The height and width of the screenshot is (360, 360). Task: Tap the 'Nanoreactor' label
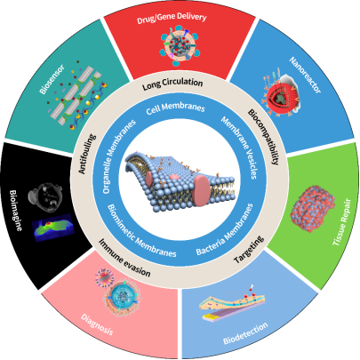(x=305, y=76)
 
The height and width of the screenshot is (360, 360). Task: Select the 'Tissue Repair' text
(x=342, y=222)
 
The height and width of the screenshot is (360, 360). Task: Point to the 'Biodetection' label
(x=245, y=333)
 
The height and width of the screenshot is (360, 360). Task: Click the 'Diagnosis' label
(x=97, y=324)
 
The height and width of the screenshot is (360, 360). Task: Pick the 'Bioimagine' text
(x=16, y=210)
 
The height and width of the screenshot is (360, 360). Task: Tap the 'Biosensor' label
(x=52, y=79)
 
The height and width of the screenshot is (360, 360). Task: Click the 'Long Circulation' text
(x=172, y=84)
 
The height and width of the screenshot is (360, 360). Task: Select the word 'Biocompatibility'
(x=263, y=137)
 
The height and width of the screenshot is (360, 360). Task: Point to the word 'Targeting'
(x=249, y=250)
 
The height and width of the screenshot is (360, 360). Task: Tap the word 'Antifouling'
(x=87, y=154)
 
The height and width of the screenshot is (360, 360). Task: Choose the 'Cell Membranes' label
(x=175, y=108)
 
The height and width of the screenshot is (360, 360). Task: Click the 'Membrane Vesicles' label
(x=239, y=148)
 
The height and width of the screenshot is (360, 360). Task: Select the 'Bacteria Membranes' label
(x=225, y=229)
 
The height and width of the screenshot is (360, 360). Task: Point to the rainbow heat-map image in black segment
(x=52, y=228)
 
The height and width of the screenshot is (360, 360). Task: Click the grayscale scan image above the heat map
(x=45, y=196)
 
